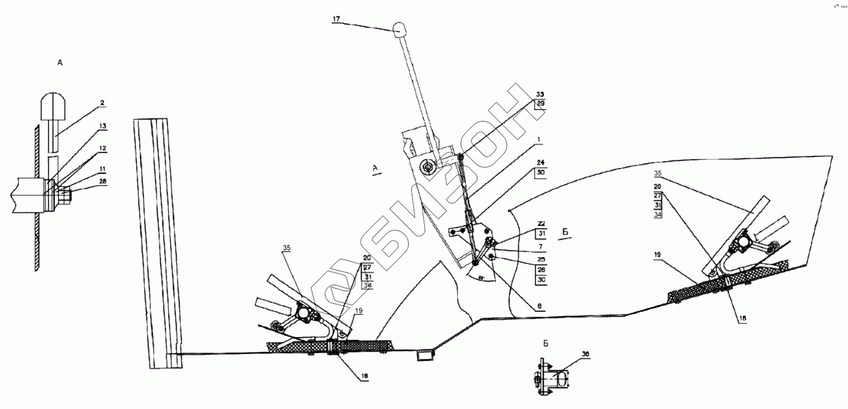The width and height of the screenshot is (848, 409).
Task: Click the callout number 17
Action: (x=336, y=19)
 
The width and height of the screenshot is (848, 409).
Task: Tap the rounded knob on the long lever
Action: (x=400, y=29)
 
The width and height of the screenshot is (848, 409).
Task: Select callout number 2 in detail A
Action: (x=102, y=103)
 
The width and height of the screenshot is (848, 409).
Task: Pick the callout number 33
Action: (x=540, y=95)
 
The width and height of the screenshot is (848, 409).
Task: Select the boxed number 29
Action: (x=540, y=104)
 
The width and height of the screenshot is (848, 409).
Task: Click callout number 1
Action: (x=539, y=140)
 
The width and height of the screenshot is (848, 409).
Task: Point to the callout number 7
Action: (x=541, y=246)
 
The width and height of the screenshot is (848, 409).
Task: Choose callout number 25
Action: (x=541, y=259)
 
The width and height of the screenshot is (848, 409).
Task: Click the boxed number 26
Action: (x=541, y=270)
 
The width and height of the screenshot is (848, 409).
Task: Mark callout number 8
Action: (x=541, y=308)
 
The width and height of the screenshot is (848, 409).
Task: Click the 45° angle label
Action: (x=482, y=277)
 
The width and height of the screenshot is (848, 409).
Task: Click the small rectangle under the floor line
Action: (x=425, y=356)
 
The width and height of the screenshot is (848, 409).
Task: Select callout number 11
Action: (x=102, y=169)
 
